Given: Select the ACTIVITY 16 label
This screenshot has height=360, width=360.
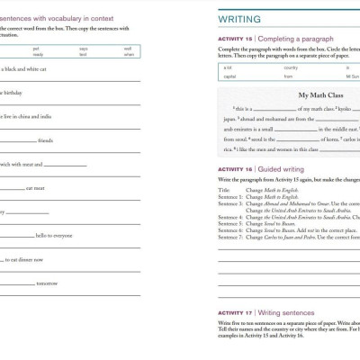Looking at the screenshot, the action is click(x=234, y=168).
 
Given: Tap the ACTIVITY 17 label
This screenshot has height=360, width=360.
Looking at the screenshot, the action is click(x=234, y=312).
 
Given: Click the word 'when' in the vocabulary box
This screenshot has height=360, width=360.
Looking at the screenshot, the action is click(x=129, y=55).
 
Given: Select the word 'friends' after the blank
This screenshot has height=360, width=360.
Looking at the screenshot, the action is click(x=46, y=140).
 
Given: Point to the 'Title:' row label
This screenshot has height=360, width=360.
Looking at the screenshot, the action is click(x=224, y=191).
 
